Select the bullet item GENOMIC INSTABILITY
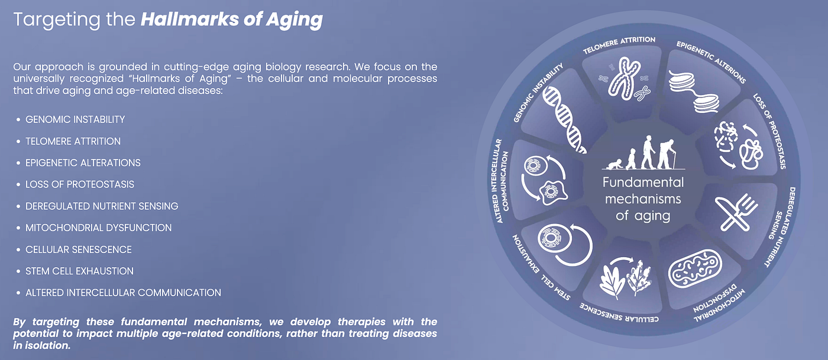tap(75, 119)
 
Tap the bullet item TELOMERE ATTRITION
tap(73, 141)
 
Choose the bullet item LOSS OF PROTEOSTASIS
tap(79, 184)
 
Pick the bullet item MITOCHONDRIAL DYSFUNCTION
tap(98, 228)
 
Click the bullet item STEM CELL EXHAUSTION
tap(79, 271)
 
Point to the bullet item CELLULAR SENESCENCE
tap(78, 249)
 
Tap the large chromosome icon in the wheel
tap(623, 78)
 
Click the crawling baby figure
tap(614, 164)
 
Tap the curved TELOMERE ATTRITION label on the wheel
tap(619, 44)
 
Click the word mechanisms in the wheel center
tap(643, 199)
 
